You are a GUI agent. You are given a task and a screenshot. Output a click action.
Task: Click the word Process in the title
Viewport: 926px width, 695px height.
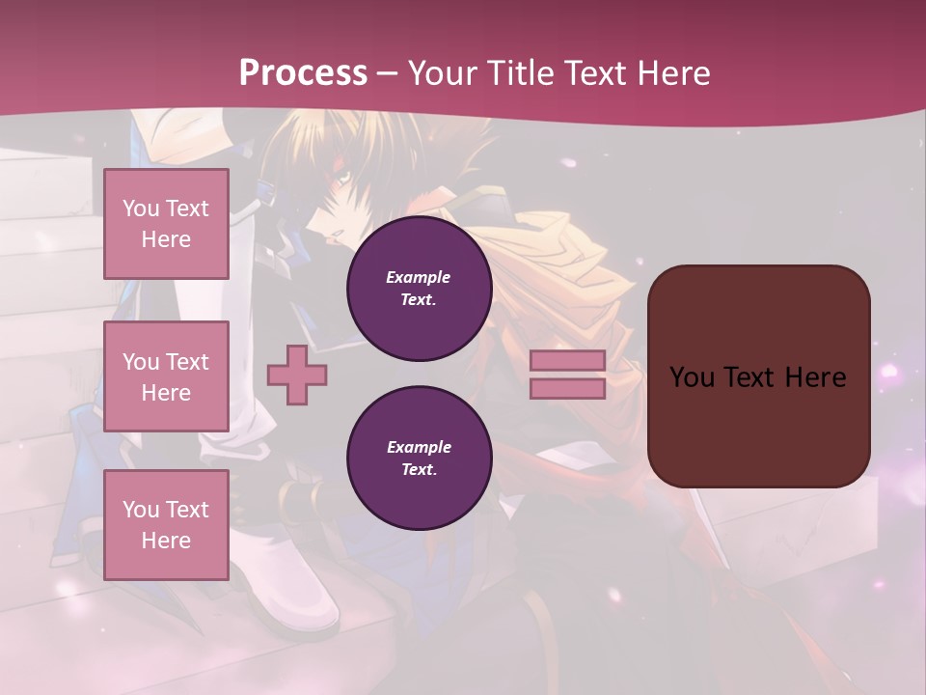(303, 72)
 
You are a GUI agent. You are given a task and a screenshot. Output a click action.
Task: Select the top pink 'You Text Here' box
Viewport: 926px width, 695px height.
(166, 224)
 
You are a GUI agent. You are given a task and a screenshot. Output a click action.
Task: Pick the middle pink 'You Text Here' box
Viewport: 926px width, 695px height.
(166, 376)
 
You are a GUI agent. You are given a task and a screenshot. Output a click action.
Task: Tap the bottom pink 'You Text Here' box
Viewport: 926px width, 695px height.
(166, 525)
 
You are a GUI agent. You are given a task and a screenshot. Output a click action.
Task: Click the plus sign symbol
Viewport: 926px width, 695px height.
(297, 375)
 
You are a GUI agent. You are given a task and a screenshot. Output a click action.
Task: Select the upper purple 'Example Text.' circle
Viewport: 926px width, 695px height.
(419, 289)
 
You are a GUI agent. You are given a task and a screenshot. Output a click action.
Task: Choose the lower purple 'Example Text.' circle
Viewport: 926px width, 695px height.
(419, 459)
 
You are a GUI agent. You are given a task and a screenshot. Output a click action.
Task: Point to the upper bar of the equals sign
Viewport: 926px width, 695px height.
(568, 360)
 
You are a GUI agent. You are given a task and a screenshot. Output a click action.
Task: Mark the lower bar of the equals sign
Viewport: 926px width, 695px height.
(568, 389)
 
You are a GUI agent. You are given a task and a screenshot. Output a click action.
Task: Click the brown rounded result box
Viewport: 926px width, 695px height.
(758, 425)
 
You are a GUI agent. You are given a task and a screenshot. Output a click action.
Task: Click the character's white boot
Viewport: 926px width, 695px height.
(299, 589)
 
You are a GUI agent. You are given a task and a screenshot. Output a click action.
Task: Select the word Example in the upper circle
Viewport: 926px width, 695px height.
(419, 277)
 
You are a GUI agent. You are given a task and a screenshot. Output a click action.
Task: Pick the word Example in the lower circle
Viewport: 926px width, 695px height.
(419, 447)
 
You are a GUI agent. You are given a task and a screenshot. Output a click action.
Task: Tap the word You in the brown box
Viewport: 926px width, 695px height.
(692, 376)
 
